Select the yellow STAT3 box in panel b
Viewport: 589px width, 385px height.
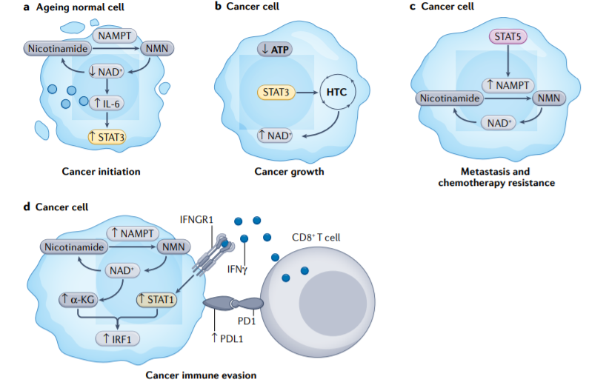[x=276, y=93]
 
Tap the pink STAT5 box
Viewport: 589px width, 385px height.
[x=508, y=35]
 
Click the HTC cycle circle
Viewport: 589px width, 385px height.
[x=338, y=93]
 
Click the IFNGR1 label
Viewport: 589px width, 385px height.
[x=196, y=219]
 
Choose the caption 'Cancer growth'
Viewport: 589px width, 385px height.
[x=289, y=172]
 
